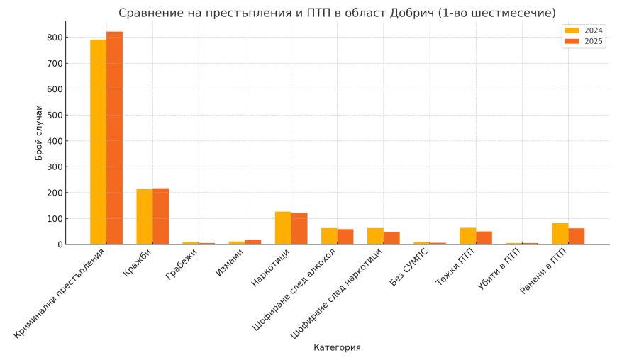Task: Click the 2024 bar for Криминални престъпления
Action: [98, 142]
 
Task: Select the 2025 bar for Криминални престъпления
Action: [114, 138]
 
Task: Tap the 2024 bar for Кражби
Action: [145, 217]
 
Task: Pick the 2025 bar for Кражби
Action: [161, 216]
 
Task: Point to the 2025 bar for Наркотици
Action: [299, 229]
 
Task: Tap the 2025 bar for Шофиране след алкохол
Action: [345, 237]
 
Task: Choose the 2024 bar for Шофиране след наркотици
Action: [375, 236]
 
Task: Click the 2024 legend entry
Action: [583, 30]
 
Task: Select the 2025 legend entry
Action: [583, 42]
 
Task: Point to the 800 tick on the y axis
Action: [55, 38]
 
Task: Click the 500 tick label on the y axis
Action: [55, 115]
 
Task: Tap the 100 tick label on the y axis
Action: [55, 219]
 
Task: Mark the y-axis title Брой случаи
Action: [40, 133]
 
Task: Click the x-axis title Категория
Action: [337, 348]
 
